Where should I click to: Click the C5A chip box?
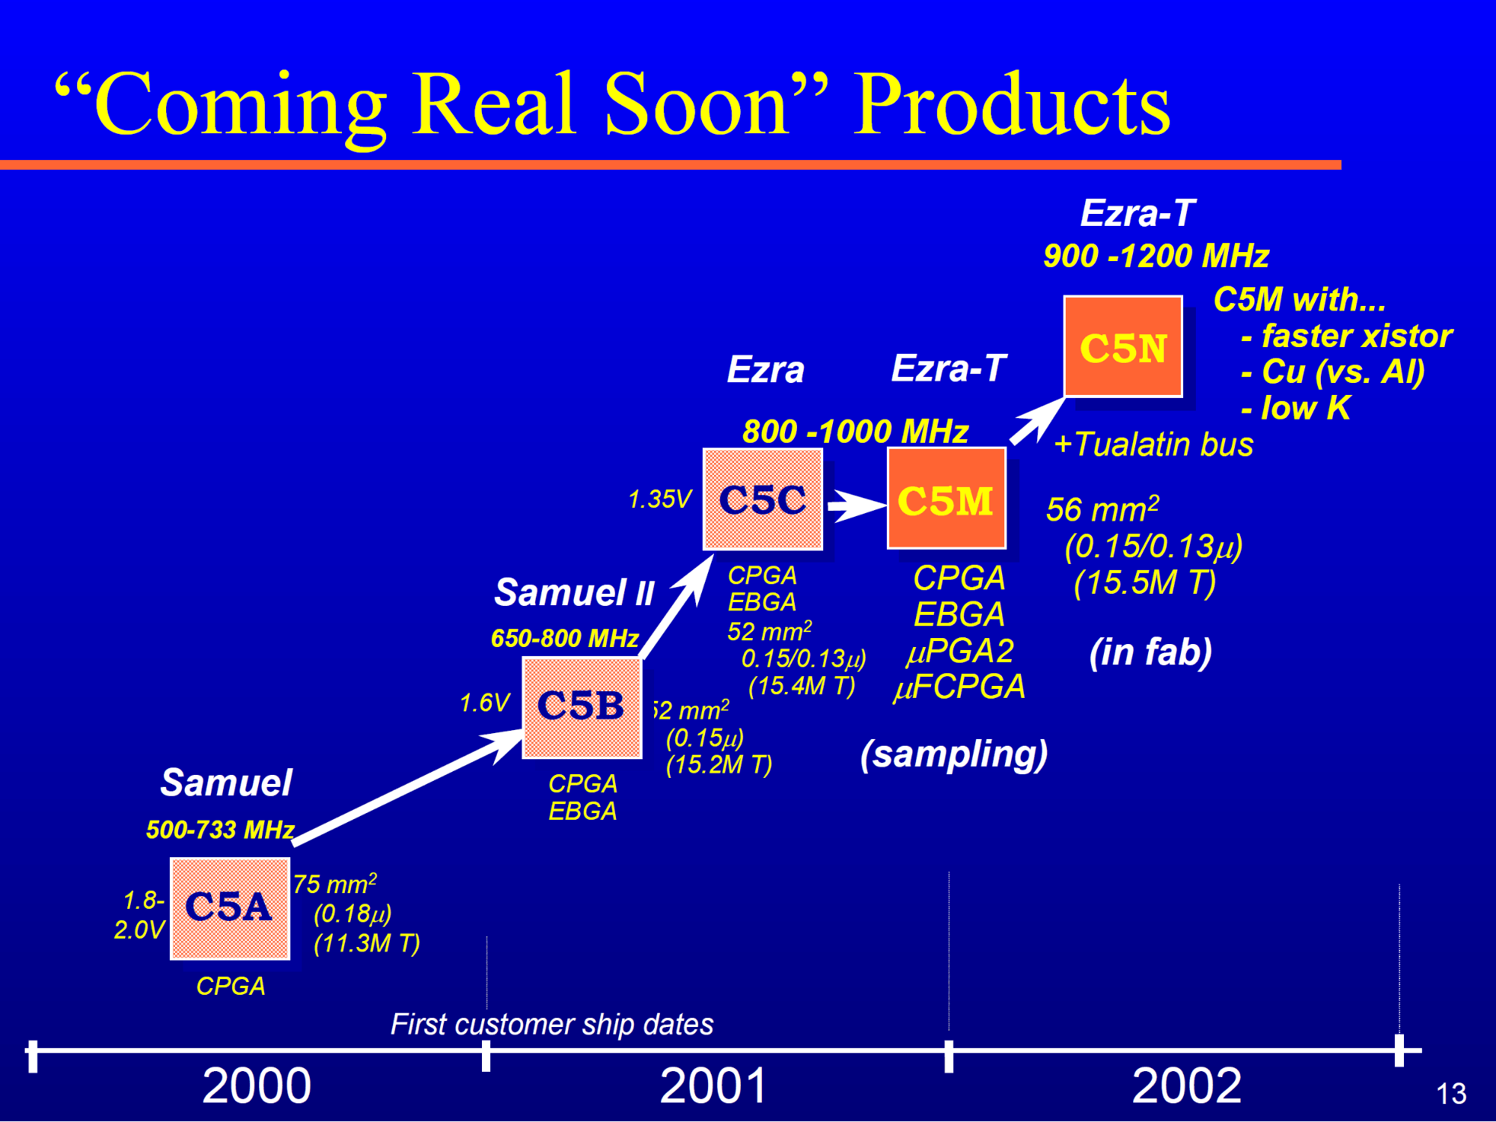230,908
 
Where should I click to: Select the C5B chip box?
582,707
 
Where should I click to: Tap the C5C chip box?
763,499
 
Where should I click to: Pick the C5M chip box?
947,498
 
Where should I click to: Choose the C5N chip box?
1123,346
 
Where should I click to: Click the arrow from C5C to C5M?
857,505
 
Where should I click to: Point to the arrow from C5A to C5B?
408,788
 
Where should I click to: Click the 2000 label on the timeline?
257,1085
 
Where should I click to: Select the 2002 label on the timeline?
1187,1085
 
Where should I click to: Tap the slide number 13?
1451,1094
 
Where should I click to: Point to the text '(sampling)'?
953,754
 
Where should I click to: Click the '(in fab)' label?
1150,652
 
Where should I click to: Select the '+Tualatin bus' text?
1153,444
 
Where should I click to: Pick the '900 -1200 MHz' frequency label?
1156,256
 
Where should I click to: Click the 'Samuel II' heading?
574,592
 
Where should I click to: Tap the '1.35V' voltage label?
659,499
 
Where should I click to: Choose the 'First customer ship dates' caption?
552,1024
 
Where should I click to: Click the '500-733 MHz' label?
220,830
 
